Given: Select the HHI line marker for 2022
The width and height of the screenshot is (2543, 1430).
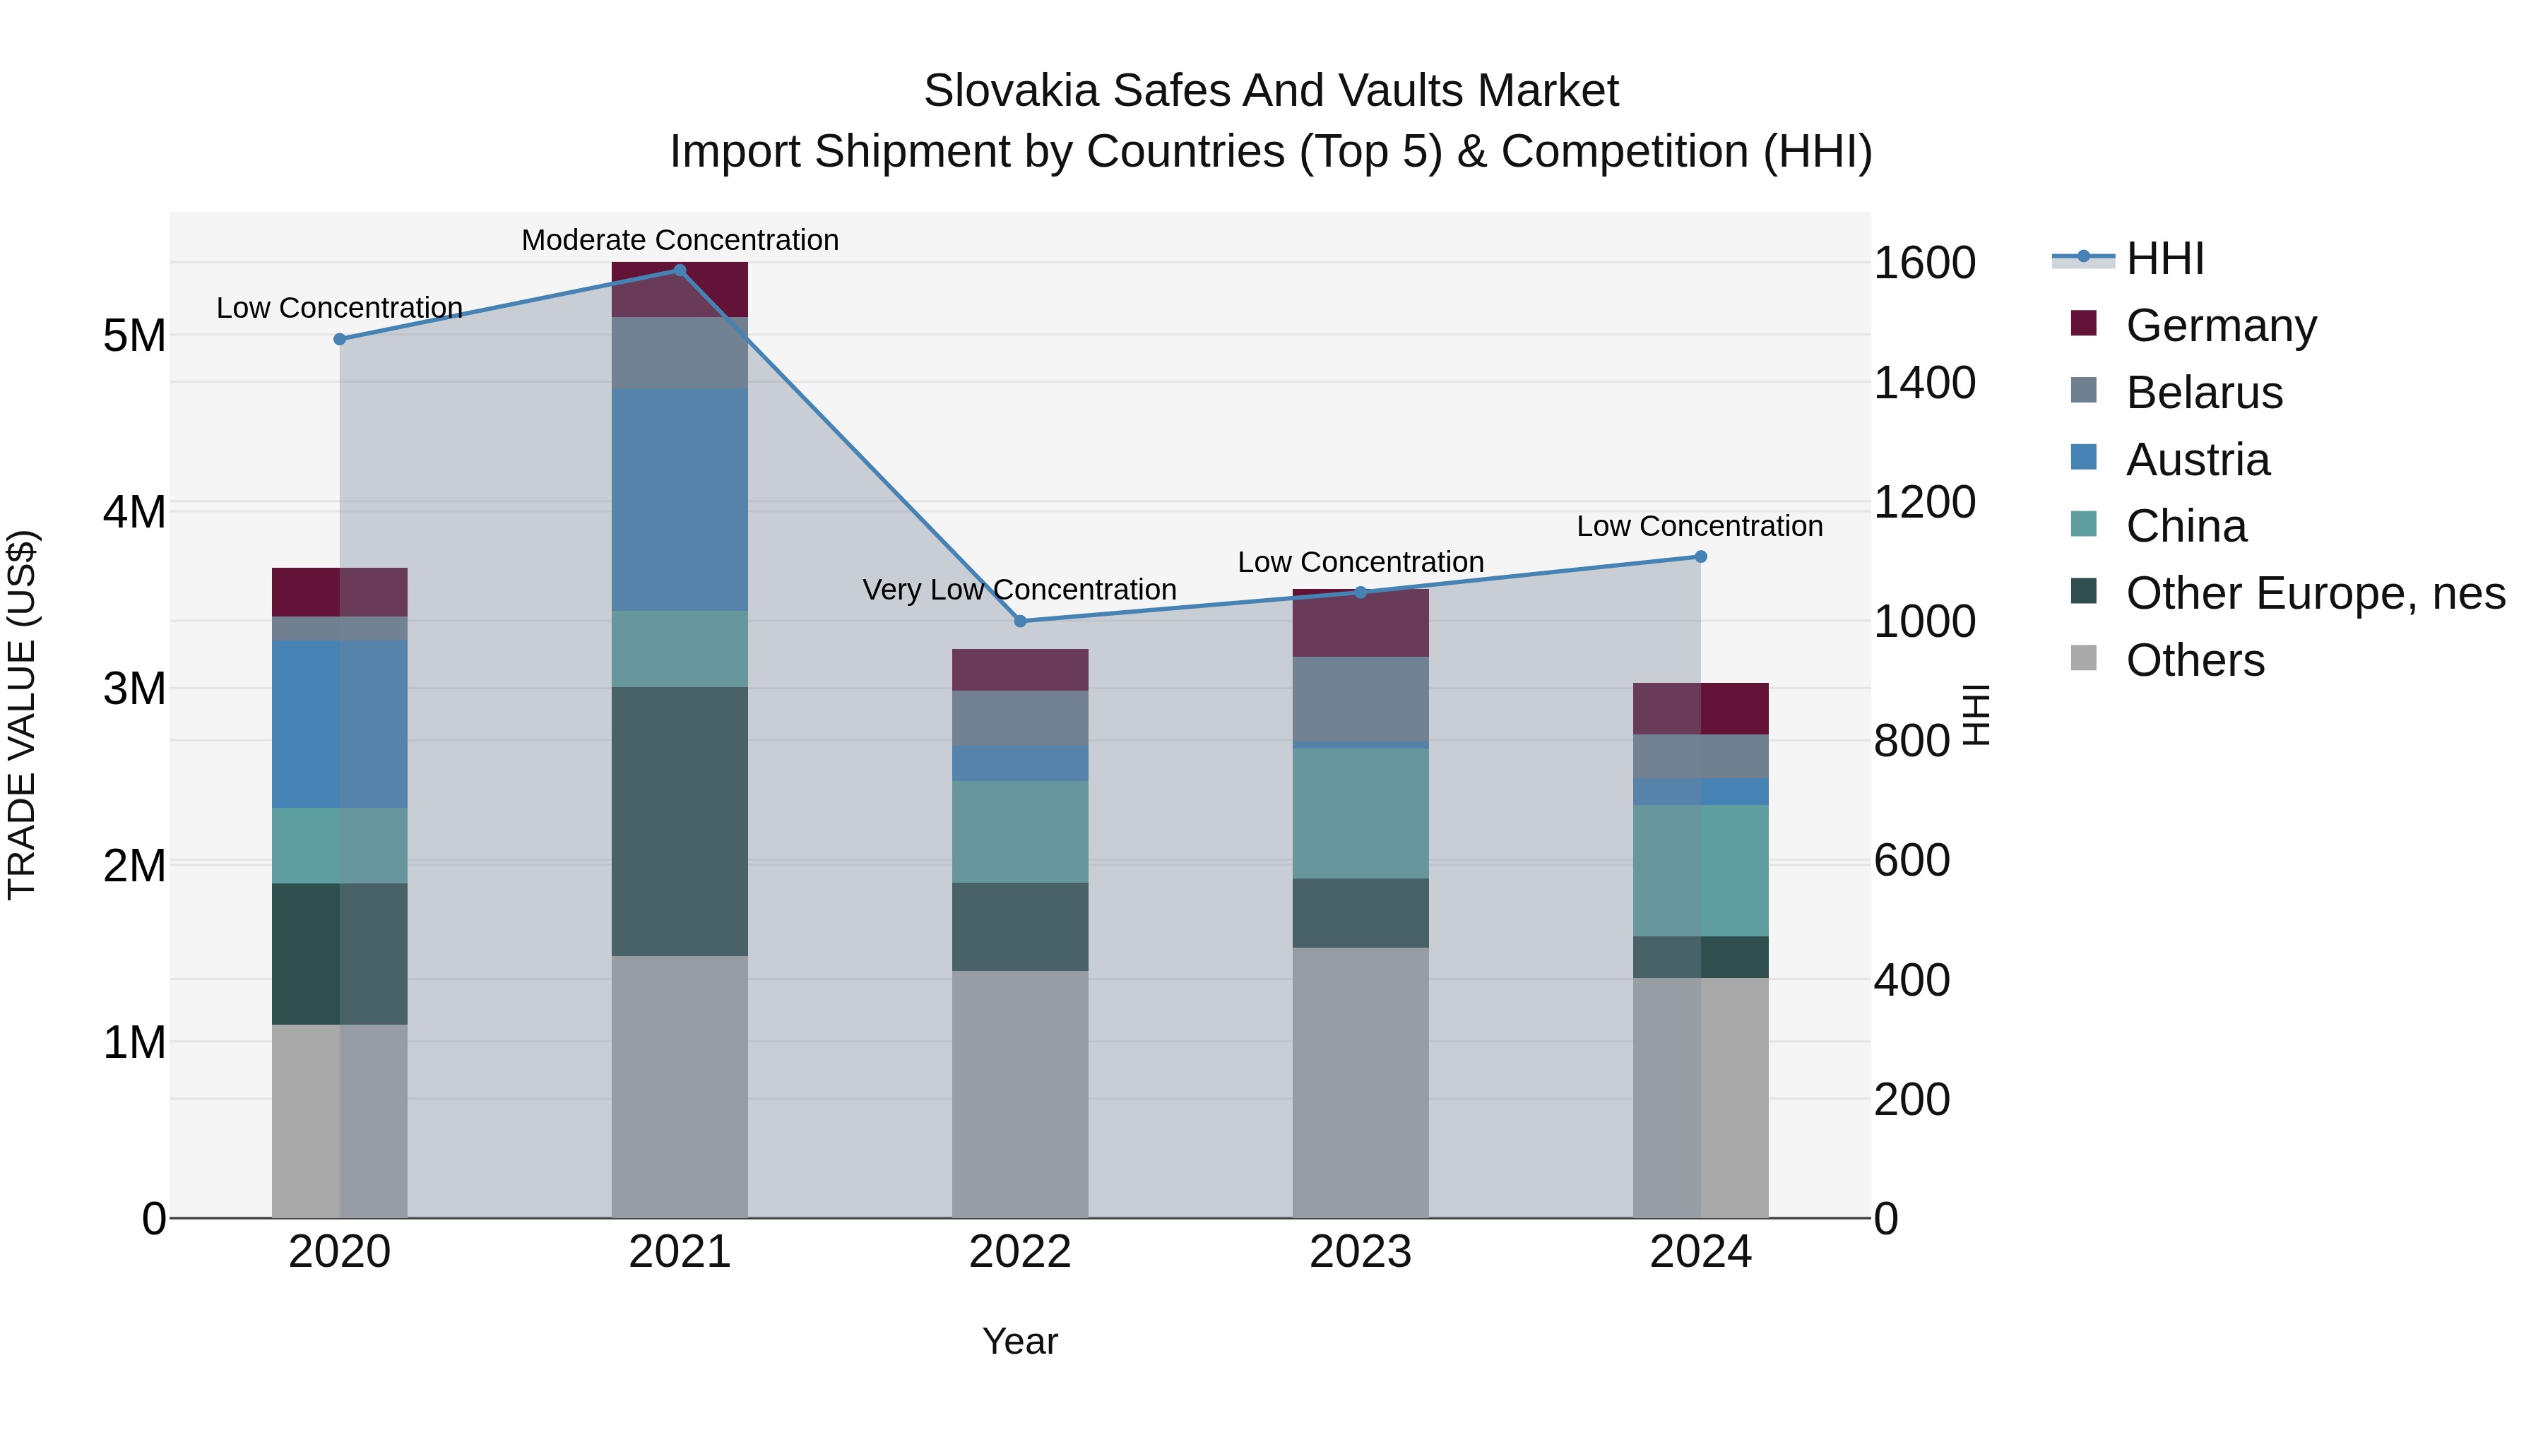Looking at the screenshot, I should tap(1021, 621).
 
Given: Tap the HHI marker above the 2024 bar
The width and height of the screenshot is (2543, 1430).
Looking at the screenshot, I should tap(1700, 556).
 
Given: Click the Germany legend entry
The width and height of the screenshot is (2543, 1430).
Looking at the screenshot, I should tap(2220, 326).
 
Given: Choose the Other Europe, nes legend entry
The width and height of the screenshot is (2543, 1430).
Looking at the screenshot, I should tap(2315, 593).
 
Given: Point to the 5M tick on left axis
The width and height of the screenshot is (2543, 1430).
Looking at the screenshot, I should tap(134, 335).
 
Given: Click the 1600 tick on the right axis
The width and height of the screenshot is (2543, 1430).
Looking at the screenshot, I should tap(1924, 263).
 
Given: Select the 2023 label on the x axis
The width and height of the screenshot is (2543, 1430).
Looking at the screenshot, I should tap(1361, 1252).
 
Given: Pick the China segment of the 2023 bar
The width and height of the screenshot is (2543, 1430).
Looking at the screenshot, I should tap(1361, 814).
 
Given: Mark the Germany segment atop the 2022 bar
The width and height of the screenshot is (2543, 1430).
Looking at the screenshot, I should tap(1020, 669).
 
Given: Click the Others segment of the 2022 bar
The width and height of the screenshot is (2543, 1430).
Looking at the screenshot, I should tap(1020, 1093).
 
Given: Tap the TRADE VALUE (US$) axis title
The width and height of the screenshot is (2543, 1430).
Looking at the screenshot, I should tap(22, 715).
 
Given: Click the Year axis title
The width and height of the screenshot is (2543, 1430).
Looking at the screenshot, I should tap(1020, 1341).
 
